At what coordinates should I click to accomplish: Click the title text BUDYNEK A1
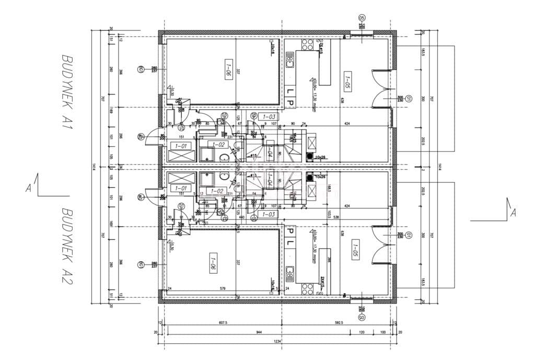[67, 96]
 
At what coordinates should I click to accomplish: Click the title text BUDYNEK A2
[67, 246]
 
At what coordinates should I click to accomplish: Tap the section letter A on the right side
[513, 213]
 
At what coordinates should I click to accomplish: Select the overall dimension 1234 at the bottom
[277, 341]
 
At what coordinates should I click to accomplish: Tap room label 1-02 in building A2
[216, 191]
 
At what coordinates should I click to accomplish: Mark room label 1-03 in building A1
[269, 117]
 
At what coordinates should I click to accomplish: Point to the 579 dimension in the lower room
[222, 288]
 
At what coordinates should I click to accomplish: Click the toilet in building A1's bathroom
[223, 157]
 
